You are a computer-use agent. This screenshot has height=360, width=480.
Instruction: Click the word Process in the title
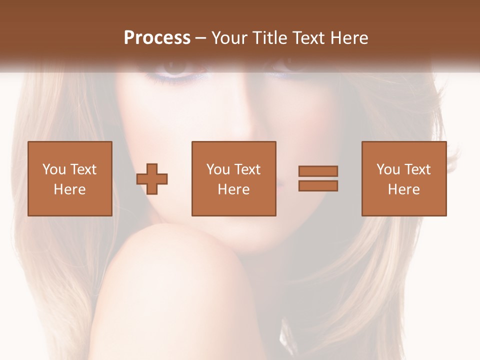[157, 38]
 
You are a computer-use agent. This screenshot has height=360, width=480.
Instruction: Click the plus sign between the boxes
[152, 179]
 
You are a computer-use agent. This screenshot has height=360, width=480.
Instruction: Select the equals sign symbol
[318, 178]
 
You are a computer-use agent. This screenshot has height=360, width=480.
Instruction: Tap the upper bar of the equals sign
[318, 171]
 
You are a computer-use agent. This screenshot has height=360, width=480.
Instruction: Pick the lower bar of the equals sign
[318, 186]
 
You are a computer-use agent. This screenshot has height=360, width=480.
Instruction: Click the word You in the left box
[54, 169]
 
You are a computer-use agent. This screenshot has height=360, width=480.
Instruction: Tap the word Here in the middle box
[233, 189]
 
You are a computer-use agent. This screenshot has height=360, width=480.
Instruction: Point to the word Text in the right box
[418, 169]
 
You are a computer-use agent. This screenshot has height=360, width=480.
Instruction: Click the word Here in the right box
[404, 189]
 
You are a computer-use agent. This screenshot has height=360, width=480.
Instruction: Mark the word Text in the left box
[83, 169]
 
